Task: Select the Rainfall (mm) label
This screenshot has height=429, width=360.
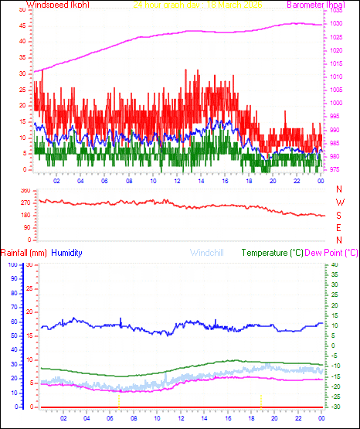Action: click(x=24, y=253)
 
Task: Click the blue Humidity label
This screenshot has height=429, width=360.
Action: click(x=67, y=253)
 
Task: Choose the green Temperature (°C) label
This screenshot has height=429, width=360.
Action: click(x=273, y=253)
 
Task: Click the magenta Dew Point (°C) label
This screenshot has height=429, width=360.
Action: click(x=331, y=253)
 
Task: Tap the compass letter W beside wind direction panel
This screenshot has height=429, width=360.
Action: click(x=338, y=203)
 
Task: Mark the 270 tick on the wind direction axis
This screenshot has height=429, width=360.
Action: click(x=25, y=203)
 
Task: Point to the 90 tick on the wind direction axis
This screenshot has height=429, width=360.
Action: click(x=26, y=227)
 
